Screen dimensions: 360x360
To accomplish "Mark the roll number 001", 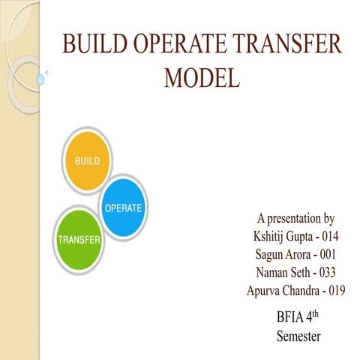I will (328, 254).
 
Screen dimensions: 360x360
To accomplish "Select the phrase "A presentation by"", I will (295, 219).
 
